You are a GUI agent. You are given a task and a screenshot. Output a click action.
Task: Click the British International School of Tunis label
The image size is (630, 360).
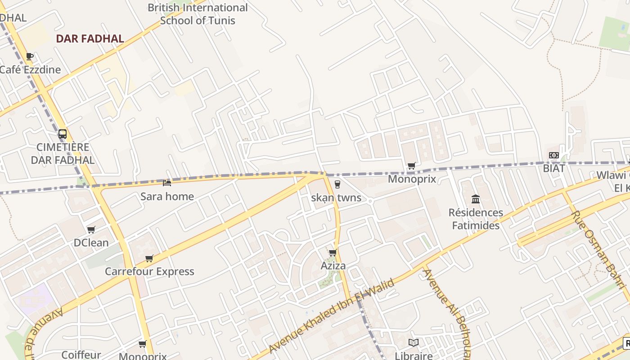(x=198, y=14)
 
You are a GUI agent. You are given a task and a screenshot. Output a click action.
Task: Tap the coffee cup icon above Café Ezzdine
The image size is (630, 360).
(x=30, y=56)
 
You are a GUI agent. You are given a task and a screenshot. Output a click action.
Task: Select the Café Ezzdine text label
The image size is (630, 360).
(x=30, y=70)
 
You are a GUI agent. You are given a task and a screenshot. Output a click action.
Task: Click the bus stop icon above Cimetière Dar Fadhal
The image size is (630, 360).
(x=63, y=134)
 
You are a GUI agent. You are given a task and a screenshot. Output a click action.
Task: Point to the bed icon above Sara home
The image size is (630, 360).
(x=167, y=183)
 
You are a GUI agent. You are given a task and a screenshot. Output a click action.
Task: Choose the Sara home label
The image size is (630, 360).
(x=167, y=196)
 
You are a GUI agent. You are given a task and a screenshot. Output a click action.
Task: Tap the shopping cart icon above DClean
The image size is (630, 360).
(x=91, y=229)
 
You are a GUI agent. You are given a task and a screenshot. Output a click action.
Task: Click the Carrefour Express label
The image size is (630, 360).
(x=149, y=271)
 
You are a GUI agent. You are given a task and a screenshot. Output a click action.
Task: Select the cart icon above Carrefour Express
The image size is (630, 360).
(x=149, y=258)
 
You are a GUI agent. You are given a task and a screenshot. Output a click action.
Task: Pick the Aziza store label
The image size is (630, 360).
(x=333, y=265)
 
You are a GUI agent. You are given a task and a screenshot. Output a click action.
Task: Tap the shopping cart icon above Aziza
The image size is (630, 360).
(x=333, y=252)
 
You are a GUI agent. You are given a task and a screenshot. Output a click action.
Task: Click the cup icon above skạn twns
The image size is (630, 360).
(x=337, y=184)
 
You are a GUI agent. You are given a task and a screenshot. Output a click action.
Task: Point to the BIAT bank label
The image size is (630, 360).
(x=553, y=168)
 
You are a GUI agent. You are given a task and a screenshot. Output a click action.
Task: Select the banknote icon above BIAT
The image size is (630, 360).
(x=554, y=155)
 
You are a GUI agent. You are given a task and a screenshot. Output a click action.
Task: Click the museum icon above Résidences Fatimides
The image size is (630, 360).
(x=476, y=199)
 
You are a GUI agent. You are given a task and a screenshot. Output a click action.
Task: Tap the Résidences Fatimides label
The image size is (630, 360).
(x=476, y=219)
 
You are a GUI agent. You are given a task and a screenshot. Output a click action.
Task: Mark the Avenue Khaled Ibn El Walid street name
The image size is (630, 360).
(x=332, y=316)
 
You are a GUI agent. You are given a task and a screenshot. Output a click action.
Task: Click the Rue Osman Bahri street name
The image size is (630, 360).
(x=598, y=250)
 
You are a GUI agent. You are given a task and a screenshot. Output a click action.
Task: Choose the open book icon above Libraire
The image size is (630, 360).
(x=414, y=342)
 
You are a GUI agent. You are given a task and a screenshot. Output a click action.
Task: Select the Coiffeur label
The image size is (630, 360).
(x=81, y=355)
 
